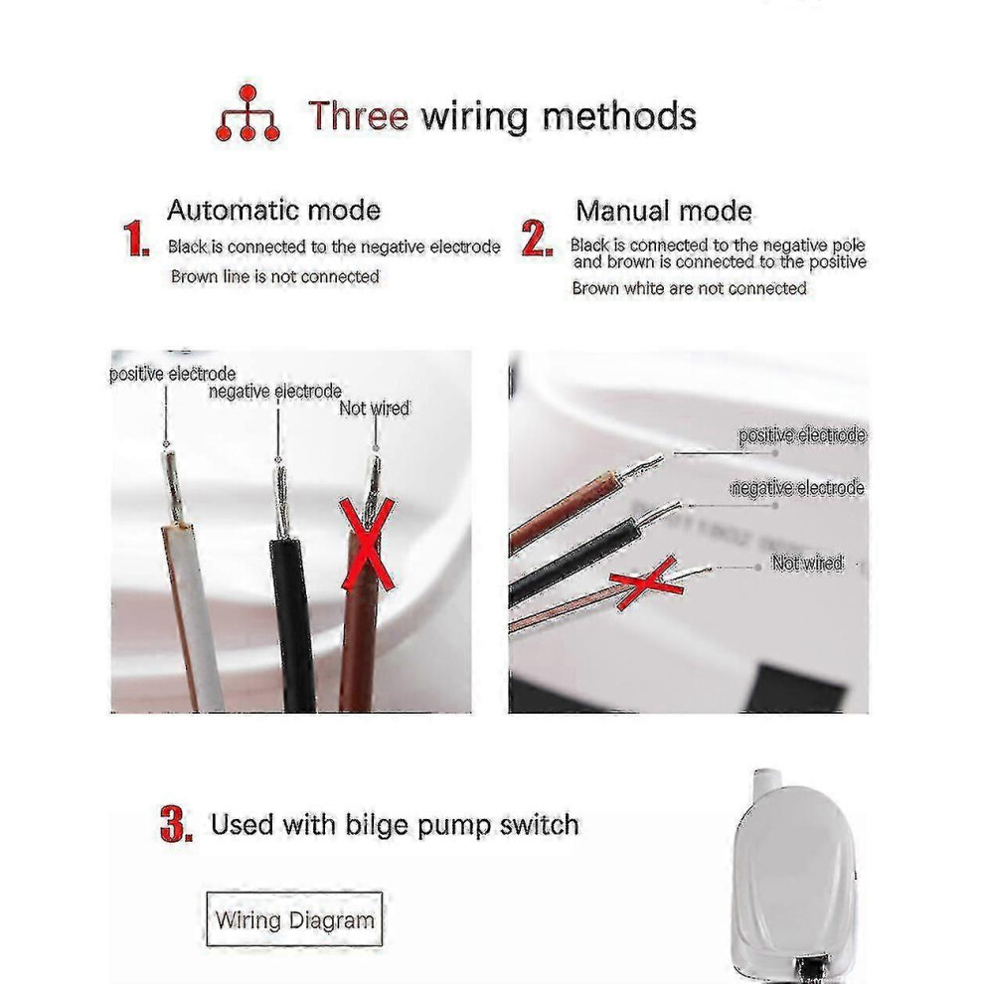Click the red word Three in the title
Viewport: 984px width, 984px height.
[359, 116]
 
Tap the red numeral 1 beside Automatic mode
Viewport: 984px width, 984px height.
[136, 239]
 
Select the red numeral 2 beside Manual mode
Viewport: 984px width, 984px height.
[537, 239]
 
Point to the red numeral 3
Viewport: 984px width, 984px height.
[176, 825]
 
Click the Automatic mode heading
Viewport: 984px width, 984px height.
[273, 211]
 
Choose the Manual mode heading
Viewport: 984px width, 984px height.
[664, 211]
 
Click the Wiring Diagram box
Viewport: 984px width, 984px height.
[294, 919]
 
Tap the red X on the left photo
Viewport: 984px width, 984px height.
[368, 545]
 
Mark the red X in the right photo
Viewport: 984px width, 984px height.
[647, 583]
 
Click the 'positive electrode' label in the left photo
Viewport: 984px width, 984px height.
[173, 374]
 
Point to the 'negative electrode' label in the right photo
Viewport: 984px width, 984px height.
[797, 488]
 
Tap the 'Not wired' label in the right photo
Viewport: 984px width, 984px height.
[807, 563]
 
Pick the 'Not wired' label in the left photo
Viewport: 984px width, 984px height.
[374, 409]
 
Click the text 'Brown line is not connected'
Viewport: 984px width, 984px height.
[275, 276]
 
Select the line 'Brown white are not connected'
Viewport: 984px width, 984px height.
[689, 288]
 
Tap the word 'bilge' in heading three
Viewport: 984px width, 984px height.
[377, 825]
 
